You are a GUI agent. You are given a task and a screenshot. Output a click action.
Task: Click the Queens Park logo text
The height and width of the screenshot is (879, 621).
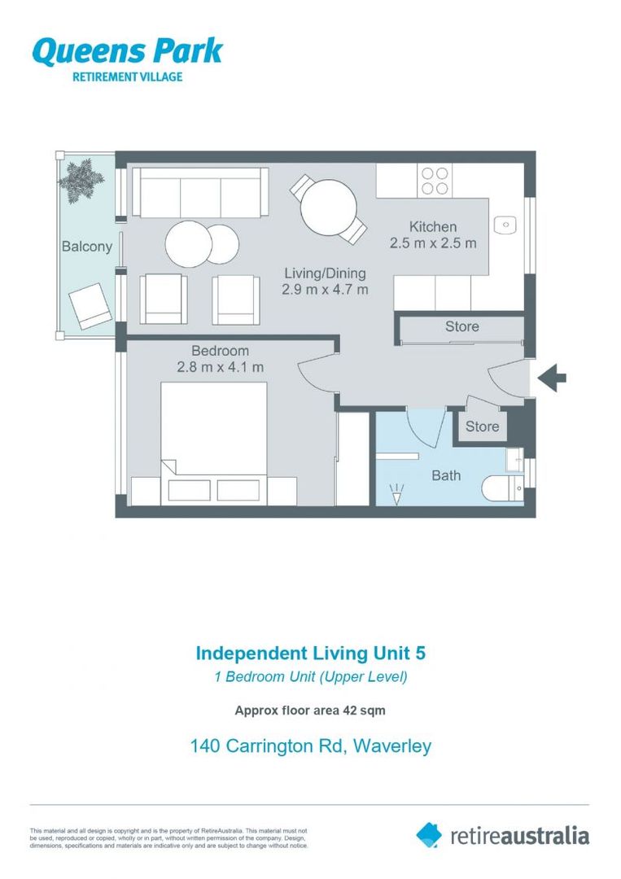click(x=127, y=51)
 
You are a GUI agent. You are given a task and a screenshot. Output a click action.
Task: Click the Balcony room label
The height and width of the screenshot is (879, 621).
click(x=86, y=247)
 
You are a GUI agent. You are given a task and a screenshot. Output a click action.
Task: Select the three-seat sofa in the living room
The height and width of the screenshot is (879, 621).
click(x=199, y=192)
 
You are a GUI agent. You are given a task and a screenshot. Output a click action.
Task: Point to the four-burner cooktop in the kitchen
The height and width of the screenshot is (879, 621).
click(x=434, y=180)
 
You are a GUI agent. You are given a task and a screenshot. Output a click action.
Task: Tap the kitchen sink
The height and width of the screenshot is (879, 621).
click(x=505, y=222)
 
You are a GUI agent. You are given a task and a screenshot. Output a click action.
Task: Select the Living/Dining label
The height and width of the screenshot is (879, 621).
click(x=325, y=273)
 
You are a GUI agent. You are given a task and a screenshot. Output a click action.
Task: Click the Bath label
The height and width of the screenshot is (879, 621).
click(x=445, y=475)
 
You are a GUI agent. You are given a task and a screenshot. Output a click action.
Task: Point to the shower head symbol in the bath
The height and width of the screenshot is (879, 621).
click(x=397, y=494)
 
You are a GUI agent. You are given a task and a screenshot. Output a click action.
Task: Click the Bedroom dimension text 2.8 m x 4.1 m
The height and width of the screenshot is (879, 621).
click(x=221, y=367)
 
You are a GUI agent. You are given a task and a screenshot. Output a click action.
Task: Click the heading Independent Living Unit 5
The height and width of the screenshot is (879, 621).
click(x=310, y=653)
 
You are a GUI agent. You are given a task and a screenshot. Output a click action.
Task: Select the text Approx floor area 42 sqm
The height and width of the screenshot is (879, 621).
click(x=310, y=711)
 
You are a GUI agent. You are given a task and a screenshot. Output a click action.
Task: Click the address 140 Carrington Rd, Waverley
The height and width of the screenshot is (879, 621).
click(x=310, y=746)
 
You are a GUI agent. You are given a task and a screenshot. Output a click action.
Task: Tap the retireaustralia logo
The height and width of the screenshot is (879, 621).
click(x=502, y=834)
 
